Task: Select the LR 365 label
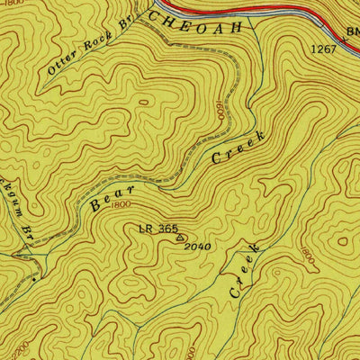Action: pyautogui.click(x=157, y=229)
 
